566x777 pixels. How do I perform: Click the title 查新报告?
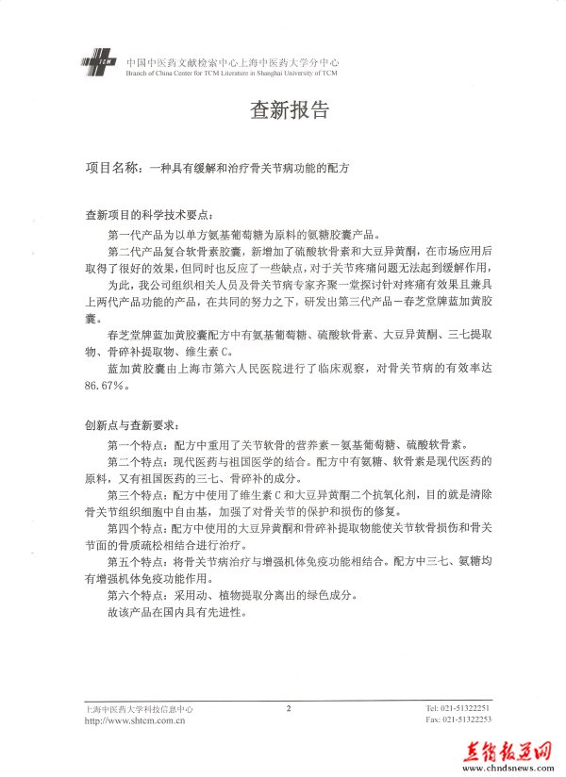pos(290,110)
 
